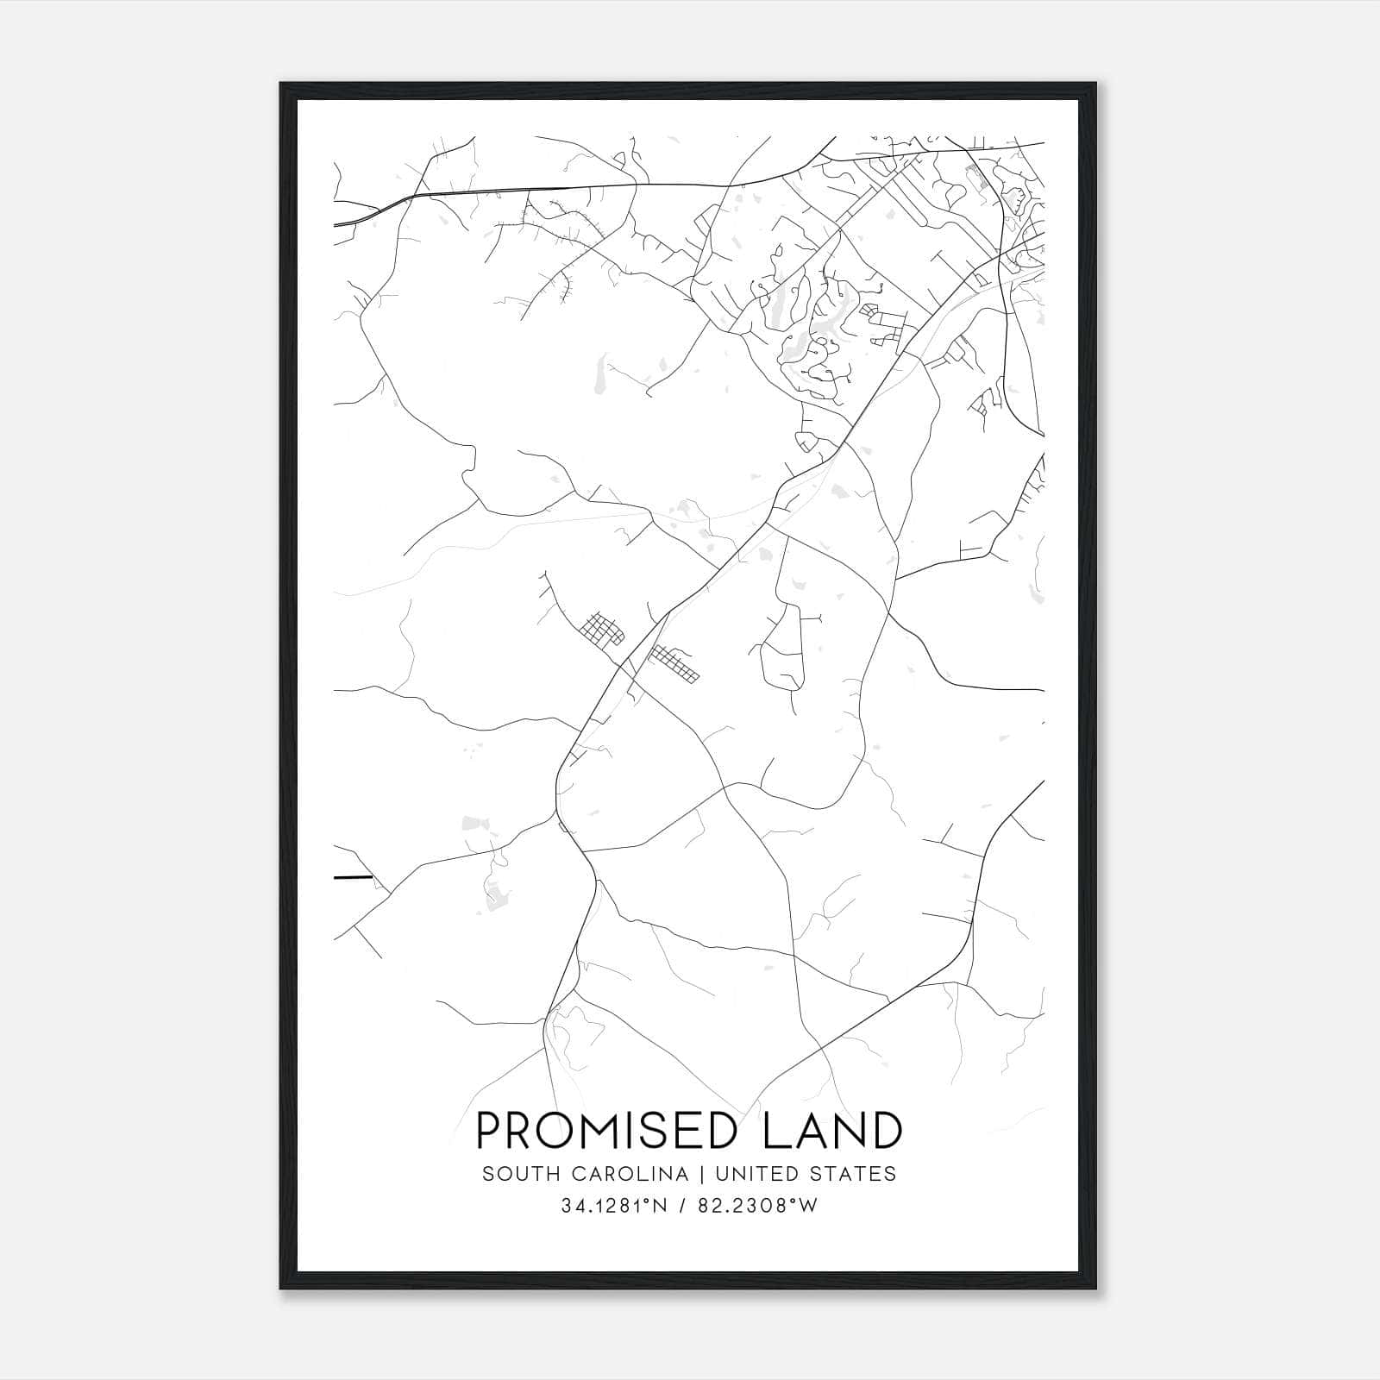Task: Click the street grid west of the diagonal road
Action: tap(601, 630)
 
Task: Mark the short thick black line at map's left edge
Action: tap(353, 877)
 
